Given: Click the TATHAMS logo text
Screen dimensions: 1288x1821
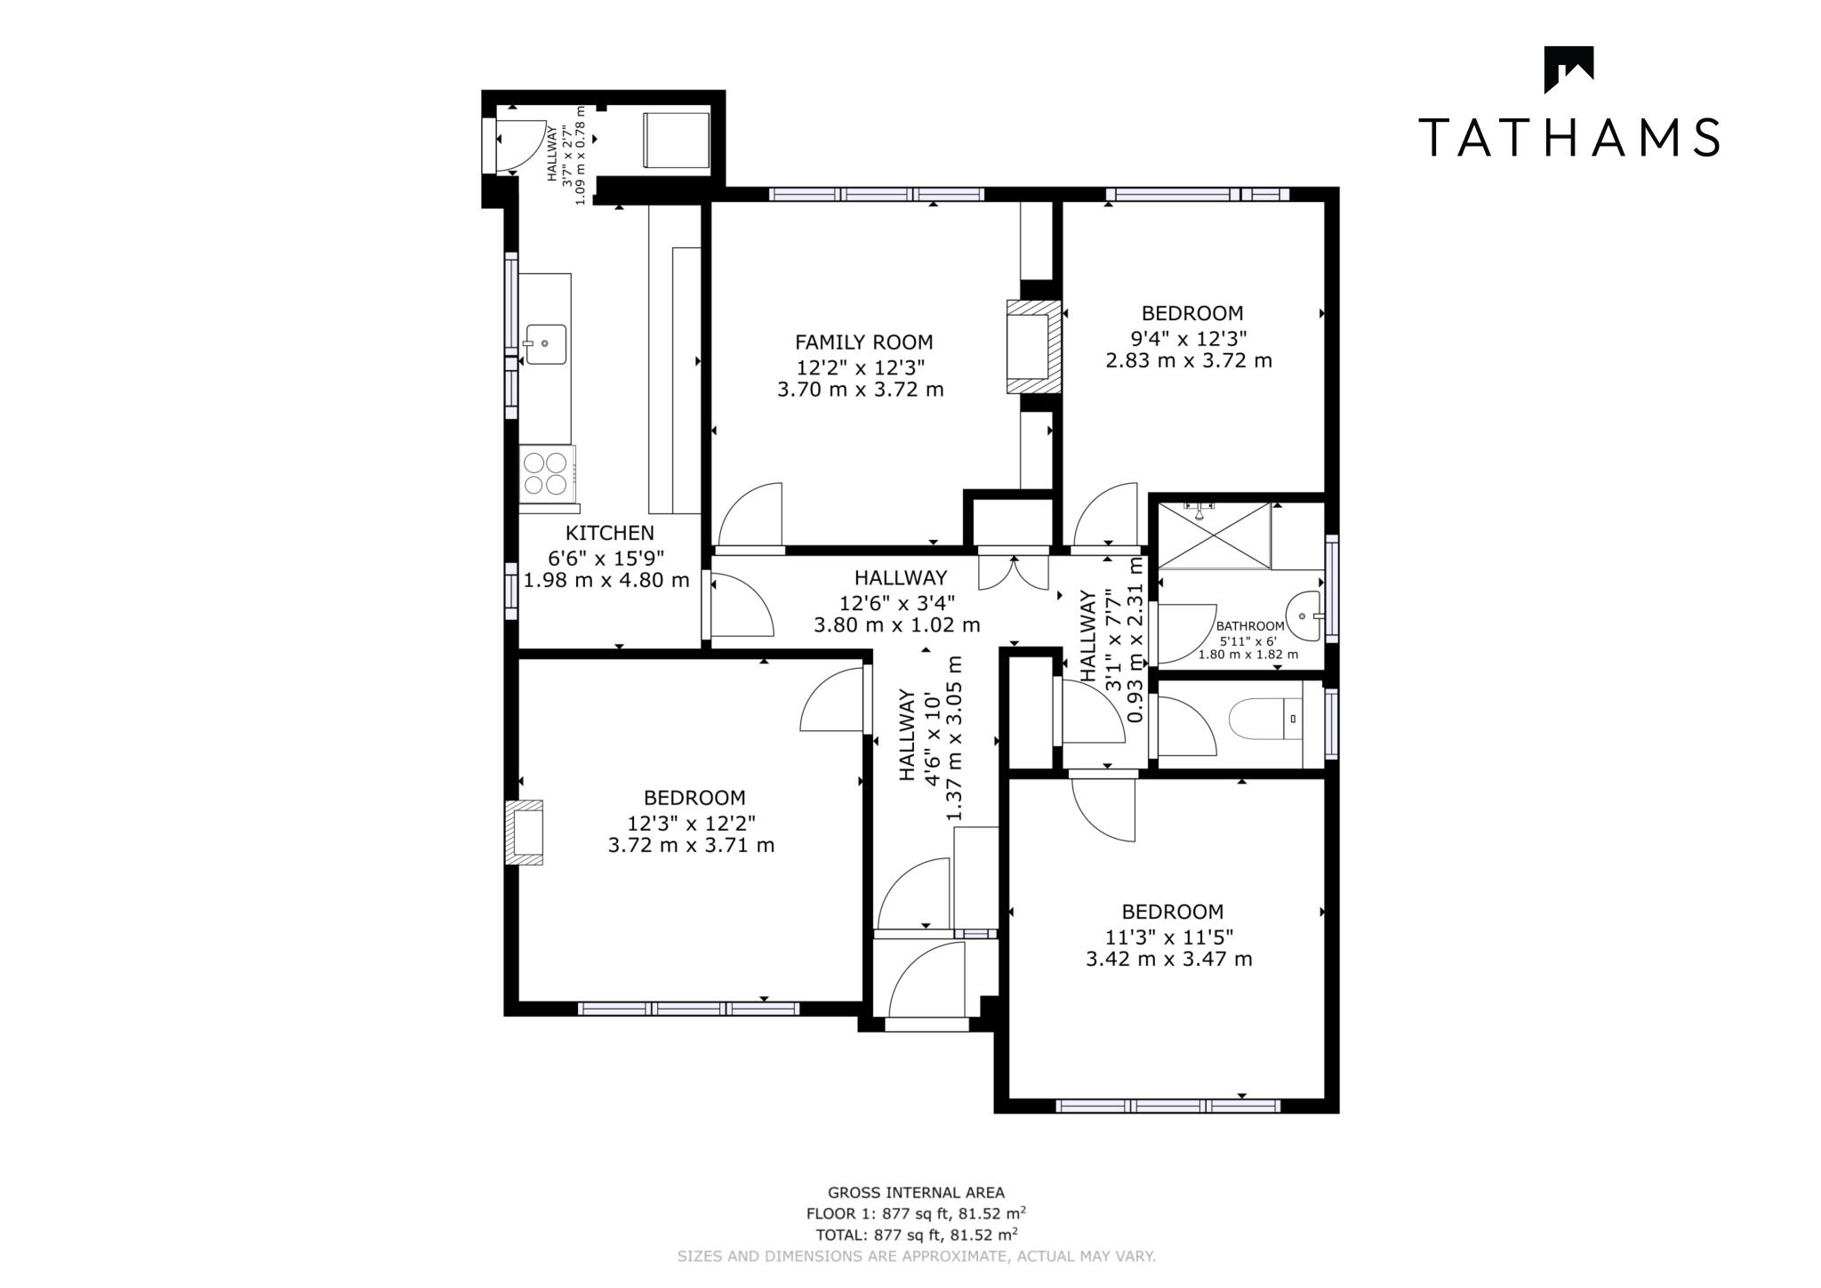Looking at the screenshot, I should pyautogui.click(x=1568, y=137).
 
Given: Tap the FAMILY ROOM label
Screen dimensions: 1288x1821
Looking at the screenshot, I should pyautogui.click(x=863, y=342).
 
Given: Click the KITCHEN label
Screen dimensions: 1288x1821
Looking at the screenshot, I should pyautogui.click(x=609, y=533).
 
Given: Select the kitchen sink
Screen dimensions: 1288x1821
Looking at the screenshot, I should pyautogui.click(x=544, y=343).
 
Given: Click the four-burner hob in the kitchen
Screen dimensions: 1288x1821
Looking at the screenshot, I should pyautogui.click(x=546, y=473).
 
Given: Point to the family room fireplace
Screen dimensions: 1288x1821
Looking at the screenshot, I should pyautogui.click(x=1033, y=347).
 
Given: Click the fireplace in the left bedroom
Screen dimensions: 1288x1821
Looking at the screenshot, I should pyautogui.click(x=524, y=833).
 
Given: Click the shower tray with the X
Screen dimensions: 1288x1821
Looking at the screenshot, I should pyautogui.click(x=1215, y=535).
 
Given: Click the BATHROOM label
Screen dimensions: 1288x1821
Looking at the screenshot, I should pyautogui.click(x=1249, y=626).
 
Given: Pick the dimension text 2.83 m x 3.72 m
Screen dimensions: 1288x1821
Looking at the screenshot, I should pyautogui.click(x=1188, y=360).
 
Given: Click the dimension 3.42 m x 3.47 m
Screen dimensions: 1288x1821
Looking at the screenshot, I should pyautogui.click(x=1168, y=959).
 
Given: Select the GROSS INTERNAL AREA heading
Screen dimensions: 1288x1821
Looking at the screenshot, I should pyautogui.click(x=916, y=1193).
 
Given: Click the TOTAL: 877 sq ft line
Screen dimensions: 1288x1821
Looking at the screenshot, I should pyautogui.click(x=916, y=1235).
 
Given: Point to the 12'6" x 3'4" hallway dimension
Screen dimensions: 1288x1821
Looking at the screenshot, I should pyautogui.click(x=896, y=601).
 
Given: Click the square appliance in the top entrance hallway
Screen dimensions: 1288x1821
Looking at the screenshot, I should pyautogui.click(x=676, y=140).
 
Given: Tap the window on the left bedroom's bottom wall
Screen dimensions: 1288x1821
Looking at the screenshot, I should pyautogui.click(x=688, y=1009).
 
